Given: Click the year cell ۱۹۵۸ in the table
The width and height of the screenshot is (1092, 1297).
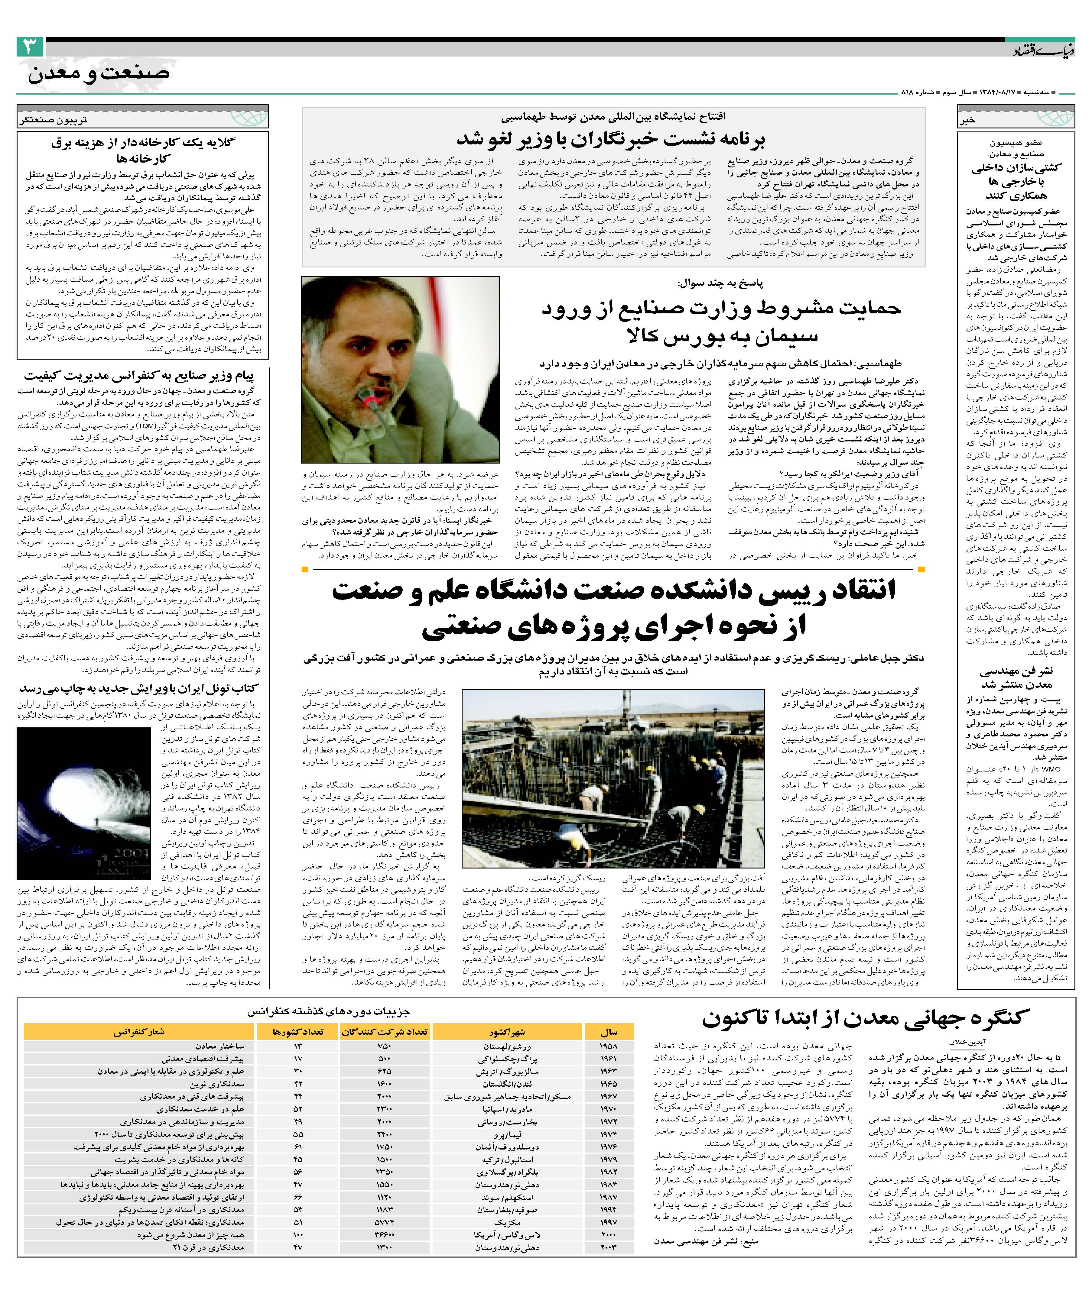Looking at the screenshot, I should coord(609,1046).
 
